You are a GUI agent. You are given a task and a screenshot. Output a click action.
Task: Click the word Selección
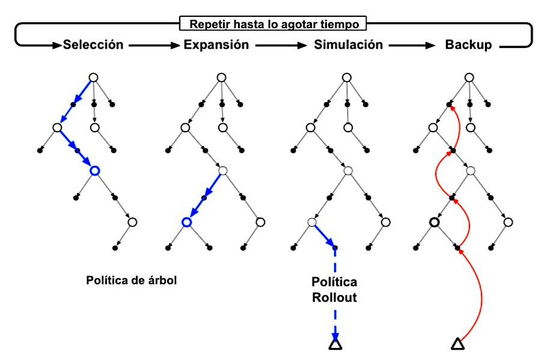93,45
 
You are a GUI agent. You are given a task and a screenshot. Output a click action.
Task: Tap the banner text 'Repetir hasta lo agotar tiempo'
273,25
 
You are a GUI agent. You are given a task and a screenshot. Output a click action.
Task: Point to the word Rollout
334,297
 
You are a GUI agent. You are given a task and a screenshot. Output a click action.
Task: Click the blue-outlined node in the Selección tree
94,171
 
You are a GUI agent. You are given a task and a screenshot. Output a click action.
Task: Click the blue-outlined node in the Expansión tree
187,222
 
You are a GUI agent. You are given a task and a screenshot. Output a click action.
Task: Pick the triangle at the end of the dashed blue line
335,344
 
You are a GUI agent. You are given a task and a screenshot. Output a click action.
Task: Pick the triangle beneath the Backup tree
457,344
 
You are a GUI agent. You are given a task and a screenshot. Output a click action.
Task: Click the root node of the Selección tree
93,77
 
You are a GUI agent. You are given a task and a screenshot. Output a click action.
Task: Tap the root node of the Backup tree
469,77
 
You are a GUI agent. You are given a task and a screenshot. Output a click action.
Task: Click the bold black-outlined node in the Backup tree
434,222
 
